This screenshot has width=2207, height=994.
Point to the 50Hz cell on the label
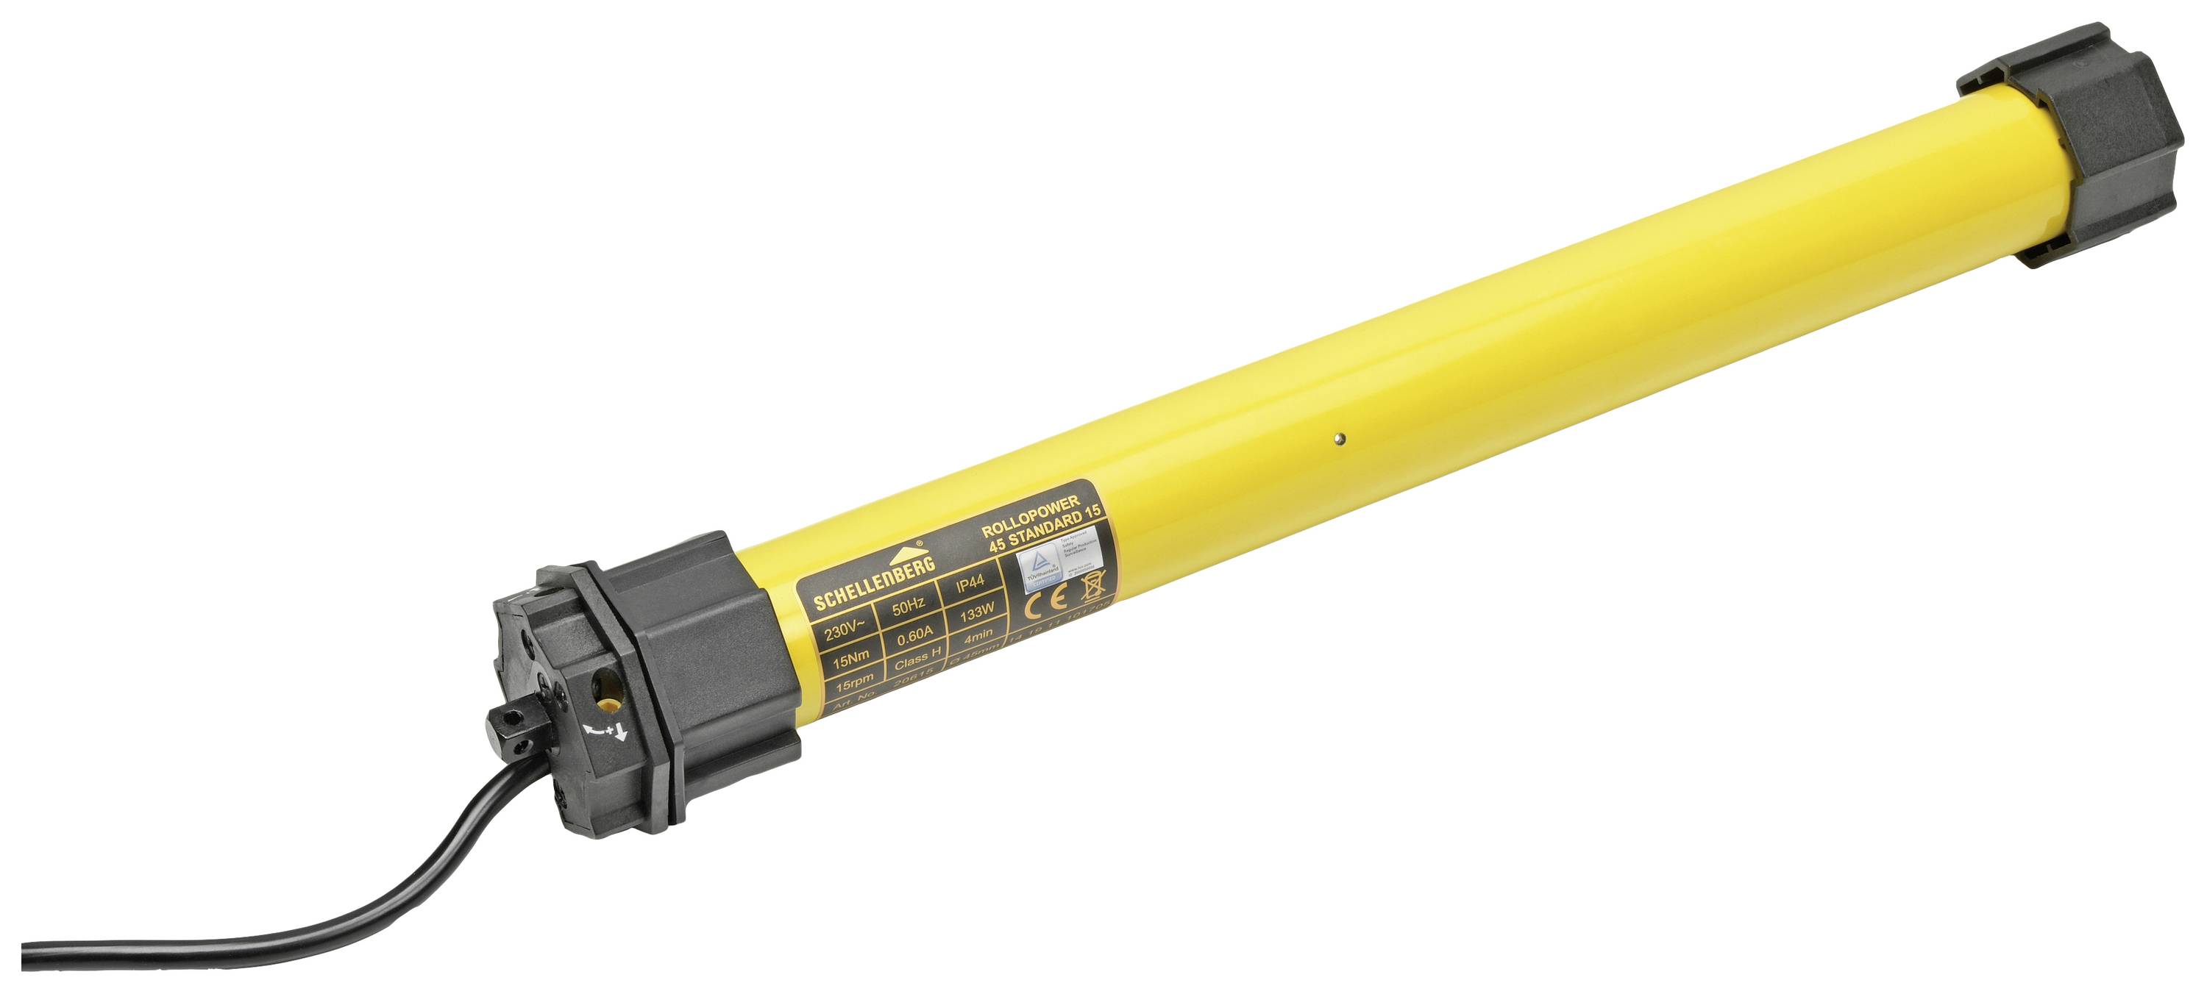(908, 607)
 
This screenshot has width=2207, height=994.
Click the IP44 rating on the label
(970, 584)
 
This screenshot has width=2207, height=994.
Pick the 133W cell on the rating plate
(977, 613)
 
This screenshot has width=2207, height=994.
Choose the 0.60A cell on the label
(914, 637)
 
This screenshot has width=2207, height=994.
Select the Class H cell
(917, 660)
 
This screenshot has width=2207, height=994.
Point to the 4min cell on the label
(978, 635)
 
